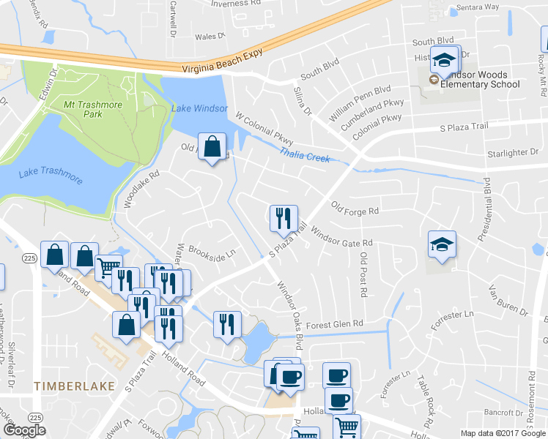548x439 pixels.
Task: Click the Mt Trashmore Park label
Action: tap(92, 109)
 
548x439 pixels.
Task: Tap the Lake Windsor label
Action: tap(199, 108)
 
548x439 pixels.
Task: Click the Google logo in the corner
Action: tap(24, 430)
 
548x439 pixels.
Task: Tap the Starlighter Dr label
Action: tap(513, 153)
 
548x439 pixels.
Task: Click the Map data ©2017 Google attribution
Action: tap(503, 433)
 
